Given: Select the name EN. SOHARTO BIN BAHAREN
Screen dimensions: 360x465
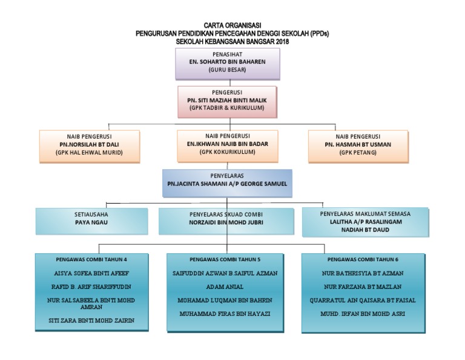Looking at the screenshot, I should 228,62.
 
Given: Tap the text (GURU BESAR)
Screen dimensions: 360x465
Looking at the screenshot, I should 228,70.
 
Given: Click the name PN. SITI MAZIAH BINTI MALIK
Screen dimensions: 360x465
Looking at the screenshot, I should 228,99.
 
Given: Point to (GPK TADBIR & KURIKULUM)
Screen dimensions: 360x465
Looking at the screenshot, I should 228,108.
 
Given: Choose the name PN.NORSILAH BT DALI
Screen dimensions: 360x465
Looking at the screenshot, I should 89,145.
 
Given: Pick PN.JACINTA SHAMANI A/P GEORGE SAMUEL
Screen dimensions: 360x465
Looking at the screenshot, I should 227,182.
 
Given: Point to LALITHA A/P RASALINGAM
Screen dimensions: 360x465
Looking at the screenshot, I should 364,222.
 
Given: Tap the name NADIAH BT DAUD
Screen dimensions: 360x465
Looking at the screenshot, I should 364,231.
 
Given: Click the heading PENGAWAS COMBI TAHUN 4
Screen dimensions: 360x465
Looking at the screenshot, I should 91,259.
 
